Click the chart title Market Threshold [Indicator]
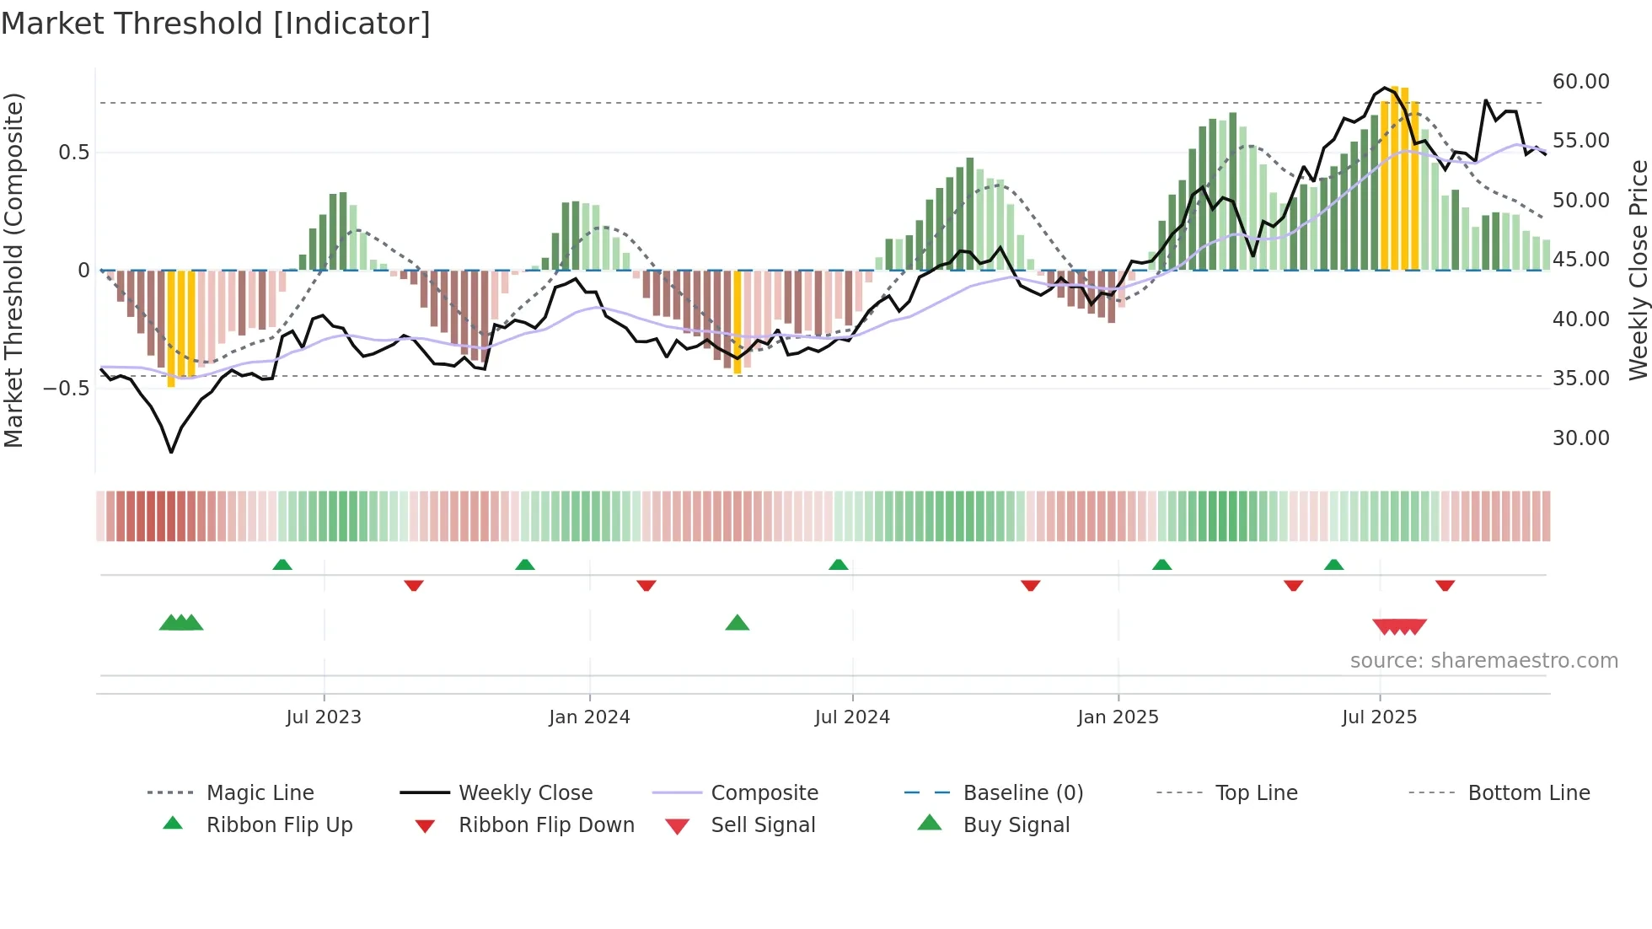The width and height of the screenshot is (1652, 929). point(216,24)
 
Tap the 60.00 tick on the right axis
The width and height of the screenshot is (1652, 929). point(1580,82)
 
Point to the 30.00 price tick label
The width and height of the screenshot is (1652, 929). point(1580,438)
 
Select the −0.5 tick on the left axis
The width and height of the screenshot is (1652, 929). point(67,389)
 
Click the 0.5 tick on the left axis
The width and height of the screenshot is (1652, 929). point(73,153)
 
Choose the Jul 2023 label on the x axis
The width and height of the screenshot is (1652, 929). point(324,717)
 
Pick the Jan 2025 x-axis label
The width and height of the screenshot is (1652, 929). point(1118,717)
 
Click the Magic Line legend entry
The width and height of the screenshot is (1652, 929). point(260,793)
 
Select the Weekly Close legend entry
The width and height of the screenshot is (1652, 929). point(525,793)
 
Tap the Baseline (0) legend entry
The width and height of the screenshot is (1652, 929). point(1022,793)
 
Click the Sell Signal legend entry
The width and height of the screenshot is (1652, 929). point(763,825)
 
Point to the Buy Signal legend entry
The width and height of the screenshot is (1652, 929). point(1016,825)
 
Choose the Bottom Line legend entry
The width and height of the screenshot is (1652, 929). point(1528,793)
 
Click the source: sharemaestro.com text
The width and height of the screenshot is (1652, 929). point(1483,661)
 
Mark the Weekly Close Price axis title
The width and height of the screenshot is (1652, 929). point(1638,270)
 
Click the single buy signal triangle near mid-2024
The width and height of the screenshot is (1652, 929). point(737,623)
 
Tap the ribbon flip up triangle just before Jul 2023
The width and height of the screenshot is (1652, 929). point(282,565)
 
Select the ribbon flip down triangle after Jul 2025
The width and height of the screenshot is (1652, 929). point(1445,585)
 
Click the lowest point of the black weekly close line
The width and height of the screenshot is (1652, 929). point(171,453)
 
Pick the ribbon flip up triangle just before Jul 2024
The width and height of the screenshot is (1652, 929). point(838,565)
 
